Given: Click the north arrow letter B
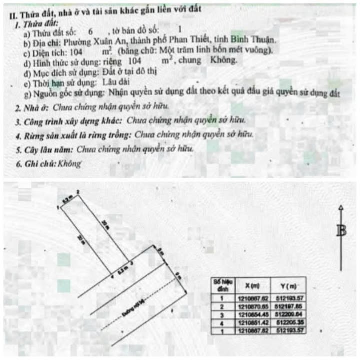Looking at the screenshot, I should point(341,231).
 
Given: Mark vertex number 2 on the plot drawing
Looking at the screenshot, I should point(78,191).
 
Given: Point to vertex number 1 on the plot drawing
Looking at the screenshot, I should point(59,207).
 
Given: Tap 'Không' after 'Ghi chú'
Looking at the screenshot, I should point(69,163).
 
